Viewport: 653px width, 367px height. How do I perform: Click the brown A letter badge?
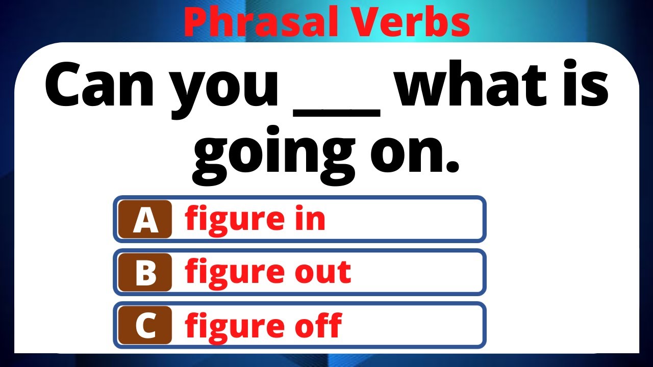tap(145, 219)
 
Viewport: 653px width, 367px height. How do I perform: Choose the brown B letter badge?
tap(145, 272)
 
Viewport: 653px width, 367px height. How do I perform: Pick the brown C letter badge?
tap(145, 325)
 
